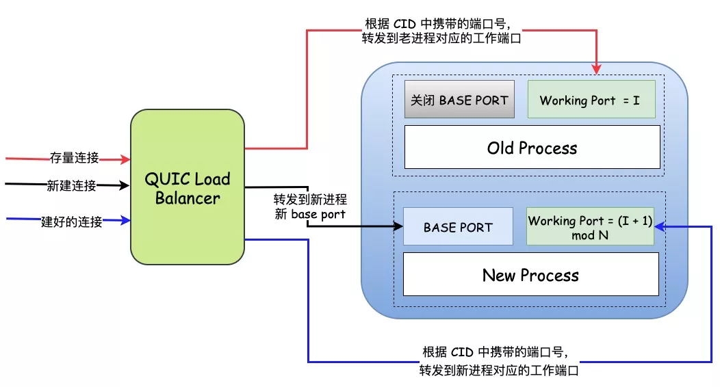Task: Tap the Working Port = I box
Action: pyautogui.click(x=591, y=100)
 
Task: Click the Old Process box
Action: pyautogui.click(x=532, y=147)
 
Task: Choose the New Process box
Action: pyautogui.click(x=530, y=275)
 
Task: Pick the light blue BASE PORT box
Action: pyautogui.click(x=458, y=227)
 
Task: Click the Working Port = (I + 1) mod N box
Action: pyautogui.click(x=589, y=227)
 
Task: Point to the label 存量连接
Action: pyautogui.click(x=74, y=158)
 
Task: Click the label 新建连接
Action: pyautogui.click(x=71, y=185)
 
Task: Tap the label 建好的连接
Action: pyautogui.click(x=71, y=222)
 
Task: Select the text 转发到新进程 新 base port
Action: pyautogui.click(x=310, y=206)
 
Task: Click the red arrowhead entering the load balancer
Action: pyautogui.click(x=126, y=159)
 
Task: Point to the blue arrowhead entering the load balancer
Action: pyautogui.click(x=126, y=220)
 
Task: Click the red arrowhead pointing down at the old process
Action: pyautogui.click(x=596, y=69)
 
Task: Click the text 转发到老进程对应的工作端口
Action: pyautogui.click(x=441, y=39)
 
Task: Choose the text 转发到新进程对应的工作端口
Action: pyautogui.click(x=499, y=371)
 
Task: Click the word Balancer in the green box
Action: pyautogui.click(x=188, y=198)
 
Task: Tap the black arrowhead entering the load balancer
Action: pyautogui.click(x=126, y=185)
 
